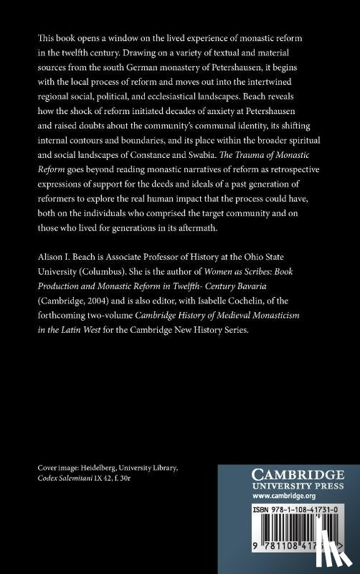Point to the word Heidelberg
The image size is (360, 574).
pos(108,467)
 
